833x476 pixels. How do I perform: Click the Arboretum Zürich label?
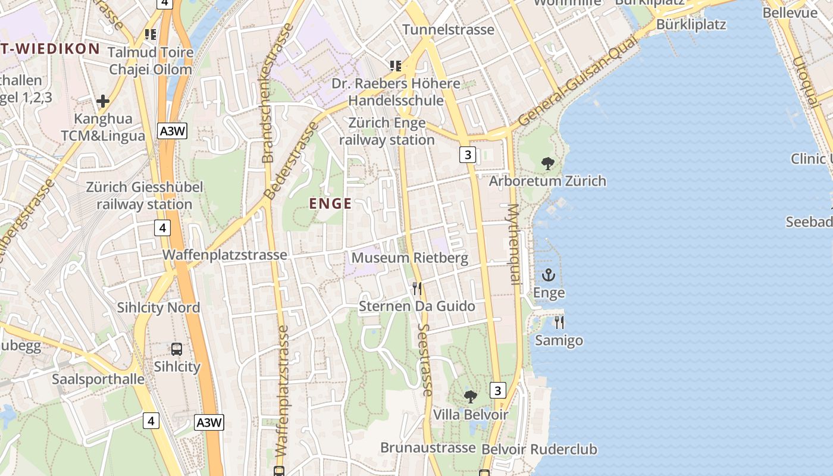point(547,181)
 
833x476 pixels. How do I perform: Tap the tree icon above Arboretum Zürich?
point(548,163)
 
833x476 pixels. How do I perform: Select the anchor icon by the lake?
point(548,275)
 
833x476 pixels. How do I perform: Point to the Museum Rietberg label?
point(410,258)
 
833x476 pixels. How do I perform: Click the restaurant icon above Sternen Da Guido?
point(417,289)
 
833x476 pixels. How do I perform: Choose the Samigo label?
point(559,340)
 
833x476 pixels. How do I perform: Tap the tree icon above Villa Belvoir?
point(471,396)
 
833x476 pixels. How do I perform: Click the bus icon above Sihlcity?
point(177,349)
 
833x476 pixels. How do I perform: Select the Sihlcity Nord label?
point(158,308)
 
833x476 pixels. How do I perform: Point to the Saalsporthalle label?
point(98,379)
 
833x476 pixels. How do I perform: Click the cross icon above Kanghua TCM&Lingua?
point(103,101)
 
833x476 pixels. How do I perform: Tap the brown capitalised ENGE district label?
point(330,203)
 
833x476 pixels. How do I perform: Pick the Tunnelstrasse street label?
point(448,30)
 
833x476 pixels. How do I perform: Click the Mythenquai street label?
point(513,244)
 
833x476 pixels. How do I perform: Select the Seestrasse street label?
point(425,360)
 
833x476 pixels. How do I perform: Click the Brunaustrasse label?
point(428,447)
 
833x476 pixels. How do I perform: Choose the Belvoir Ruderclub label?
point(539,449)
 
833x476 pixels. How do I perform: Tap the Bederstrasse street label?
point(291,161)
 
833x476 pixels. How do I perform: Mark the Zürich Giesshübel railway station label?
point(145,196)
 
